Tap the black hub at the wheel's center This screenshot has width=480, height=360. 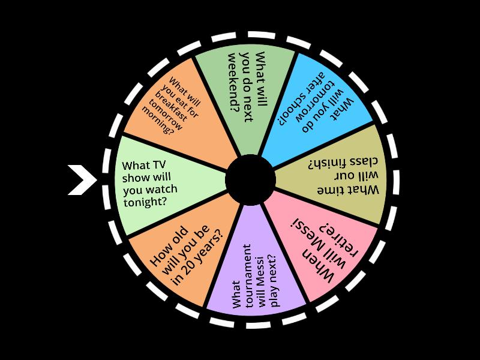click(x=250, y=180)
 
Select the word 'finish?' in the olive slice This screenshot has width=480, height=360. click(x=327, y=164)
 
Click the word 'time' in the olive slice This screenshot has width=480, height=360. click(x=332, y=190)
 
